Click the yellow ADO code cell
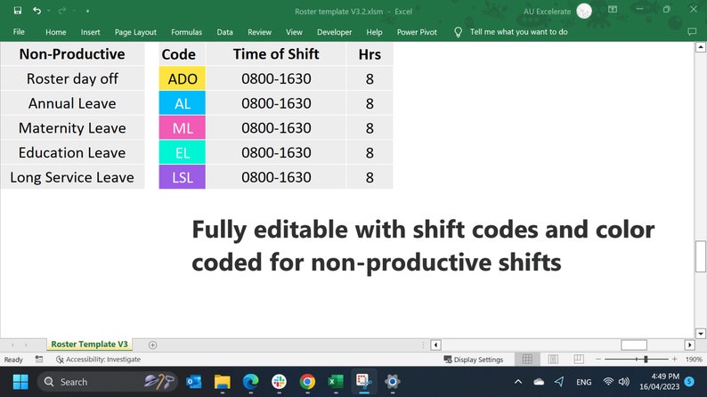tap(182, 78)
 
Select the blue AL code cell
tap(182, 103)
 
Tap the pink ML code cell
tap(182, 128)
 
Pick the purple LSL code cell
tap(182, 177)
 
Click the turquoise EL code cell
tap(182, 152)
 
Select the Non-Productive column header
tap(72, 53)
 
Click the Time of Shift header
tap(276, 53)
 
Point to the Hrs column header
tap(370, 53)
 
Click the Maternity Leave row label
tap(72, 128)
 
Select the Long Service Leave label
tap(72, 177)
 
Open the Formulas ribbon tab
tap(186, 32)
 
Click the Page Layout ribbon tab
tap(135, 32)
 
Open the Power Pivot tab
tap(417, 32)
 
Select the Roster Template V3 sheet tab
tap(89, 344)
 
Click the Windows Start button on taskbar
tap(20, 382)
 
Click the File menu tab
tap(19, 32)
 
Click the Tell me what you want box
tap(518, 32)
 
